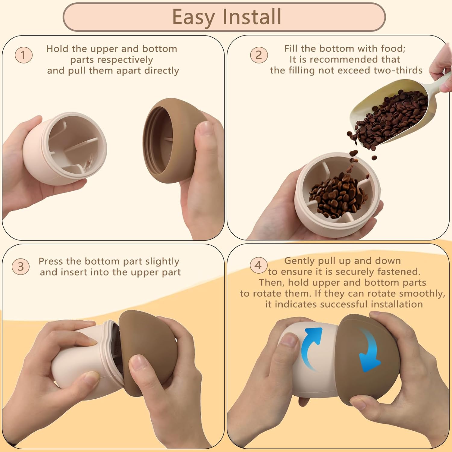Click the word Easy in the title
tap(193, 17)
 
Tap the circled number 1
tap(24, 55)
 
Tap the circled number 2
tap(259, 55)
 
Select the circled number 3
tap(20, 266)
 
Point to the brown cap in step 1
tap(172, 140)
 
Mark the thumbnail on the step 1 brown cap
tap(204, 129)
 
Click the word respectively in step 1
tap(112, 60)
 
